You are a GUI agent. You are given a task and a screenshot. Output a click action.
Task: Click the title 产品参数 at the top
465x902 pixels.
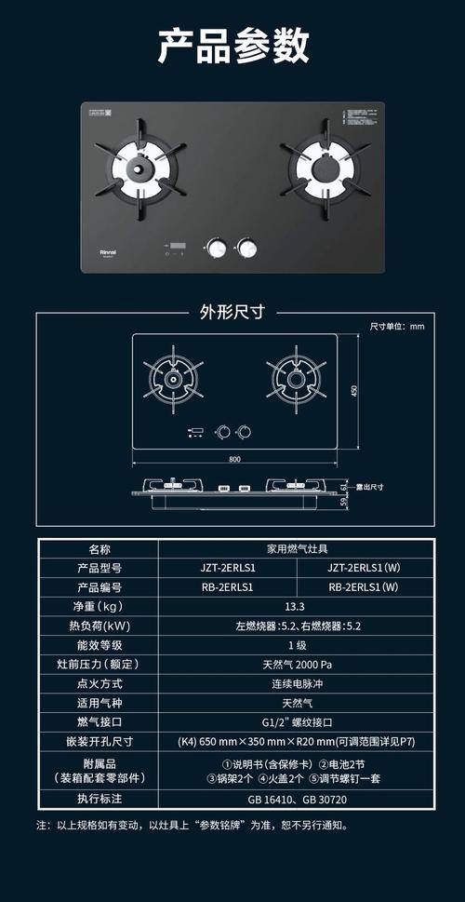pyautogui.click(x=232, y=46)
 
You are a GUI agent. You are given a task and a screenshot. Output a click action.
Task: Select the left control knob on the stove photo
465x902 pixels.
pyautogui.click(x=217, y=248)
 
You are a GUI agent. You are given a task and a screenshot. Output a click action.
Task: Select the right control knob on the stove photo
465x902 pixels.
pyautogui.click(x=247, y=248)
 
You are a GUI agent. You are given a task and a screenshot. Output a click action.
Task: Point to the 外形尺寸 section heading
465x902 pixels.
pyautogui.click(x=232, y=312)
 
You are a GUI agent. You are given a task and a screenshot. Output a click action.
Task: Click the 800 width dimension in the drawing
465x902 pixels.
pyautogui.click(x=234, y=459)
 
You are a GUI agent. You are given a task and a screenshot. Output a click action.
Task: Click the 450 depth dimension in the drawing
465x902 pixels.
pyautogui.click(x=353, y=391)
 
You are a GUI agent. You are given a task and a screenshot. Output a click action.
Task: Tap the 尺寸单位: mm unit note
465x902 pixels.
pyautogui.click(x=397, y=327)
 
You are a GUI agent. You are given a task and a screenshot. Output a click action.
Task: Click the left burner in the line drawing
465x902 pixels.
pyautogui.click(x=174, y=379)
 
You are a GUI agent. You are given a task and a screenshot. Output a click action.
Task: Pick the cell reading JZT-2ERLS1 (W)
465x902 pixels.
pyautogui.click(x=364, y=567)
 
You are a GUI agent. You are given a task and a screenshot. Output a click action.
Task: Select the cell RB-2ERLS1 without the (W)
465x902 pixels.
pyautogui.click(x=226, y=587)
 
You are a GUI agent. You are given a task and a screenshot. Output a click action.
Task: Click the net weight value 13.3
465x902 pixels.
pyautogui.click(x=296, y=607)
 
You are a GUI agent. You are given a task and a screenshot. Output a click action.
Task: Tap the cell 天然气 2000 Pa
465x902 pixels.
pyautogui.click(x=296, y=665)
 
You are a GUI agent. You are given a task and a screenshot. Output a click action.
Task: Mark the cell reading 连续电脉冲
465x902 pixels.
pyautogui.click(x=296, y=684)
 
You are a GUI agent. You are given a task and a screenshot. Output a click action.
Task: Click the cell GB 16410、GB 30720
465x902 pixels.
pyautogui.click(x=296, y=800)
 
